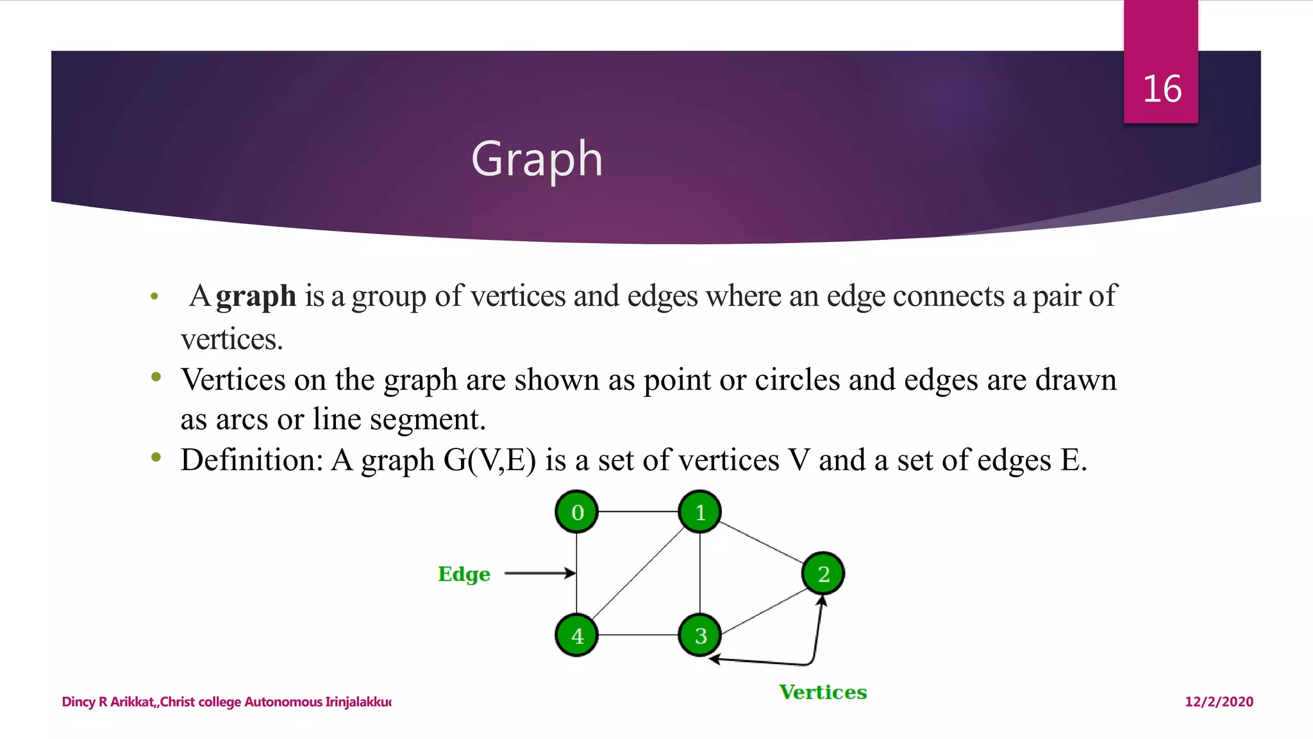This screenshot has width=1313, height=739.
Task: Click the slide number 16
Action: click(x=1162, y=89)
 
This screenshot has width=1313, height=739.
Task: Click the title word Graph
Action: click(x=537, y=158)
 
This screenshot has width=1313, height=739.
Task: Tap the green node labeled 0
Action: click(x=576, y=512)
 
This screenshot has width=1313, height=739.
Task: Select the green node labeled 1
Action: click(x=699, y=512)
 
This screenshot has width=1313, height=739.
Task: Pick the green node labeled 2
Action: click(x=823, y=573)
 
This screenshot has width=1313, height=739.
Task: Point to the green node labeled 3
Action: click(x=699, y=635)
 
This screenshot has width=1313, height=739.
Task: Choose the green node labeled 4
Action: click(x=576, y=635)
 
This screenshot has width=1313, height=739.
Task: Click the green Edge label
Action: click(x=464, y=573)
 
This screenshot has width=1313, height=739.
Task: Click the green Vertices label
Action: click(x=823, y=692)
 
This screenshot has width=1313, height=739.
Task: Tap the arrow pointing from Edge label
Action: click(x=539, y=573)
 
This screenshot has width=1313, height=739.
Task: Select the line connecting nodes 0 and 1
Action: click(x=638, y=511)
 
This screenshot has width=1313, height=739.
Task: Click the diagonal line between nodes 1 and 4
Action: click(x=638, y=573)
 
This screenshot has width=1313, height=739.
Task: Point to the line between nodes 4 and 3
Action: click(x=638, y=635)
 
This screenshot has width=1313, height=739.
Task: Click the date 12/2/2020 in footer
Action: click(x=1219, y=701)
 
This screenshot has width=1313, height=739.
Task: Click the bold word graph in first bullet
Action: click(x=256, y=296)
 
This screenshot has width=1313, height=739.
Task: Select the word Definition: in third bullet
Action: click(x=252, y=460)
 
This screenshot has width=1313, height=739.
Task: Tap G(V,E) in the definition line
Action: click(x=489, y=460)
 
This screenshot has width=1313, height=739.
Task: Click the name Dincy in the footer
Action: click(x=78, y=701)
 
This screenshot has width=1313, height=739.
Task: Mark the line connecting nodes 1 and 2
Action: click(x=761, y=543)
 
